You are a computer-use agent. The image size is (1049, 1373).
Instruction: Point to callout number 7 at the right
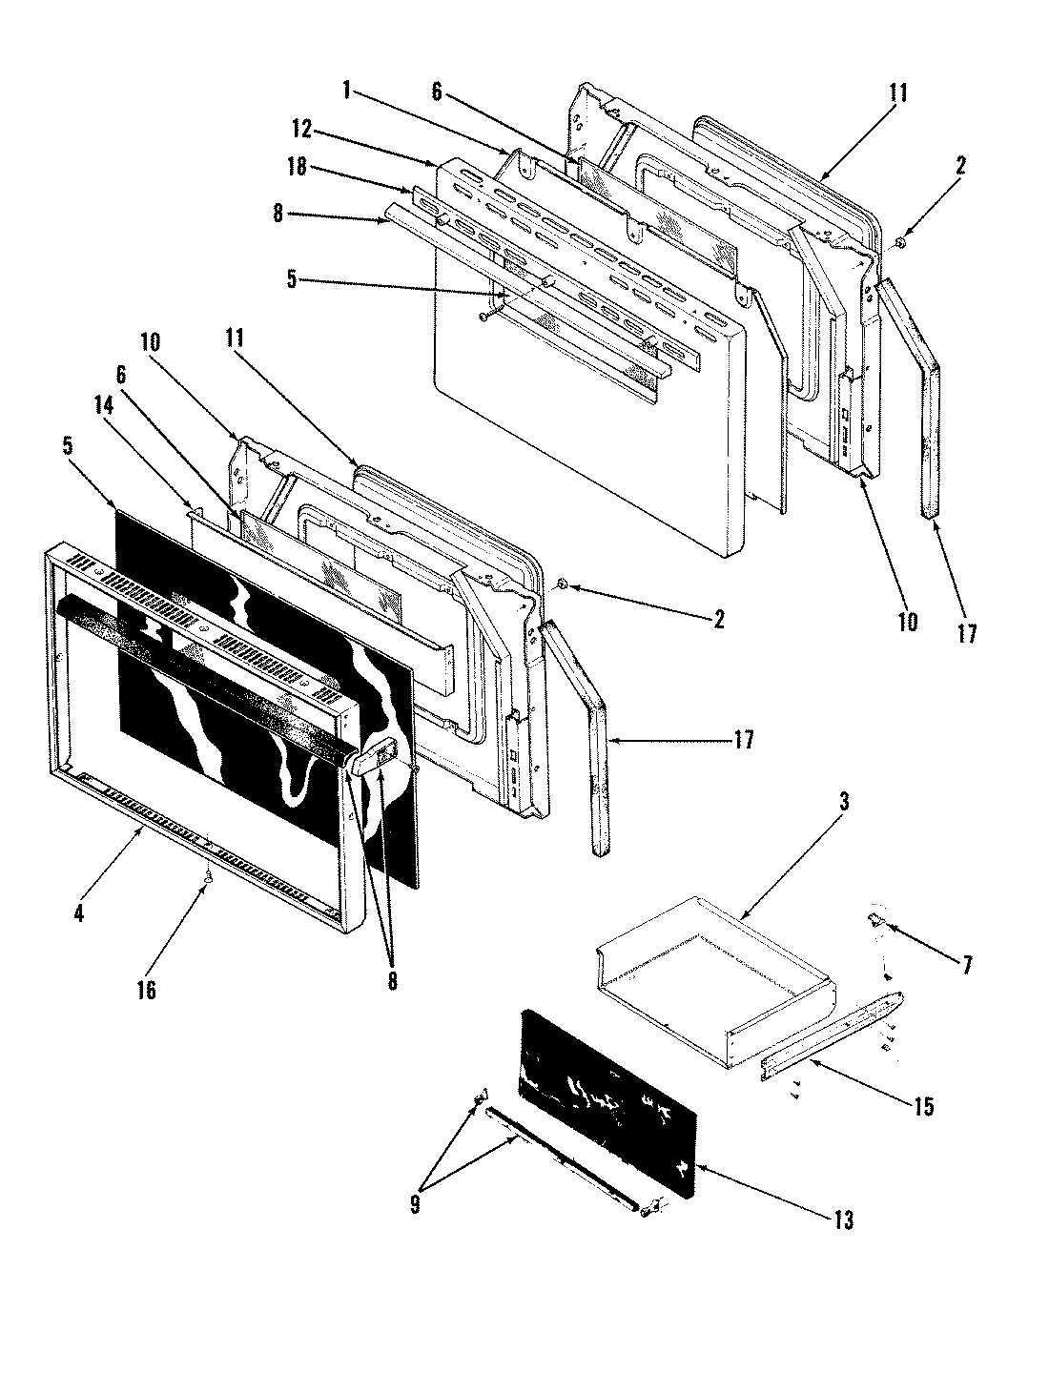(x=968, y=965)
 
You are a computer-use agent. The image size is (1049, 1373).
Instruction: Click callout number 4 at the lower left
(x=79, y=913)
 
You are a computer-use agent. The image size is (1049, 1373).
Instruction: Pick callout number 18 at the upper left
(x=297, y=167)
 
